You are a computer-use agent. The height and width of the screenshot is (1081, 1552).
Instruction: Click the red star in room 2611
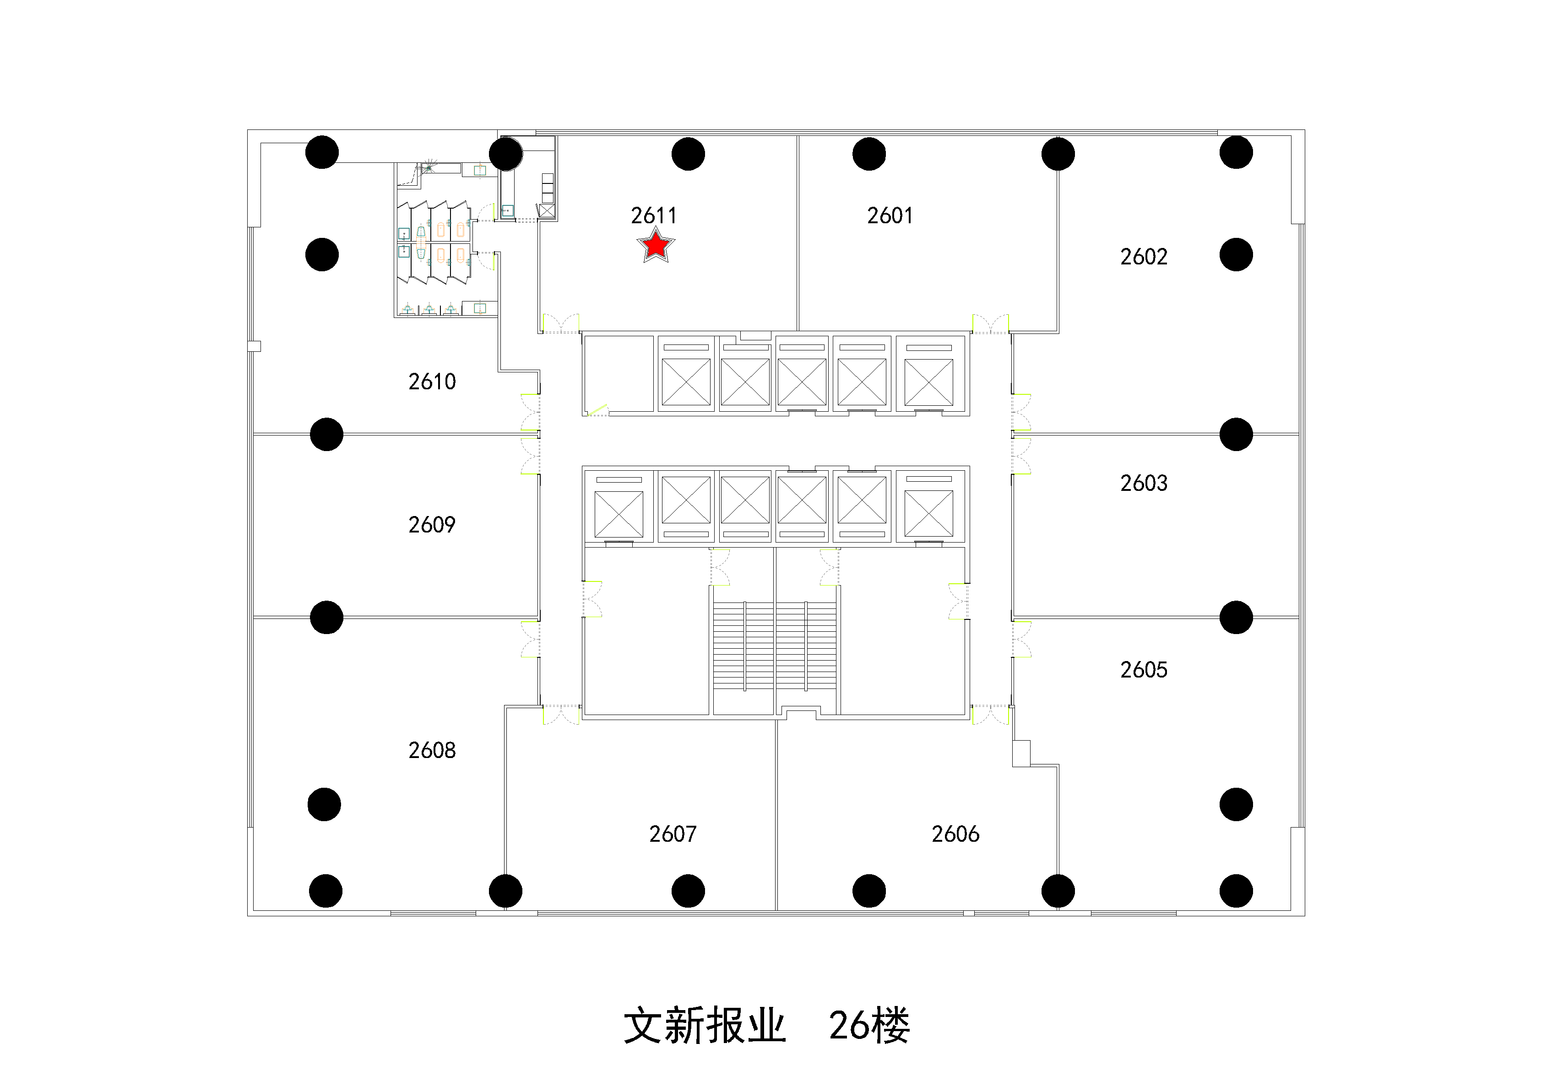pyautogui.click(x=656, y=245)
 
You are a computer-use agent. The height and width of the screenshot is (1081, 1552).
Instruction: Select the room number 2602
pyautogui.click(x=1144, y=257)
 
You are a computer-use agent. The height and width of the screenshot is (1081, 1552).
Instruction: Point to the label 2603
pyautogui.click(x=1144, y=483)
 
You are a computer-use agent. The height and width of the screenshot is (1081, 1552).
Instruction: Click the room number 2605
pyautogui.click(x=1144, y=670)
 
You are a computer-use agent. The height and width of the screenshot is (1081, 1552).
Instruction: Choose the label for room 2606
pyautogui.click(x=955, y=834)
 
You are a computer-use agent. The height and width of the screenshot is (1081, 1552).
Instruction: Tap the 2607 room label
pyautogui.click(x=673, y=834)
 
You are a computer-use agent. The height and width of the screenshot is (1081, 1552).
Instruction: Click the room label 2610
pyautogui.click(x=432, y=382)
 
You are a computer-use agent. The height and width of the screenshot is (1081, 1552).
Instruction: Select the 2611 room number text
pyautogui.click(x=654, y=215)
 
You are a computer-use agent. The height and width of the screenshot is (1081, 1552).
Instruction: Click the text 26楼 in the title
pyautogui.click(x=869, y=1026)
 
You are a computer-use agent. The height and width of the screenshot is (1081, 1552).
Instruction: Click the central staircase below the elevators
pyautogui.click(x=775, y=645)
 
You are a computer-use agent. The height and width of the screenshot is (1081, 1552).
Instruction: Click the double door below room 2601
pyautogui.click(x=990, y=324)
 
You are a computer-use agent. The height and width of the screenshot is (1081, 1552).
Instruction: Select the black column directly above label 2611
pyautogui.click(x=688, y=154)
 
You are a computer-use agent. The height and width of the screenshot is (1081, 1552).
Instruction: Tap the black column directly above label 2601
pyautogui.click(x=869, y=154)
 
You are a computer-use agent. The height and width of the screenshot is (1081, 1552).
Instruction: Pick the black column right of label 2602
pyautogui.click(x=1236, y=255)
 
